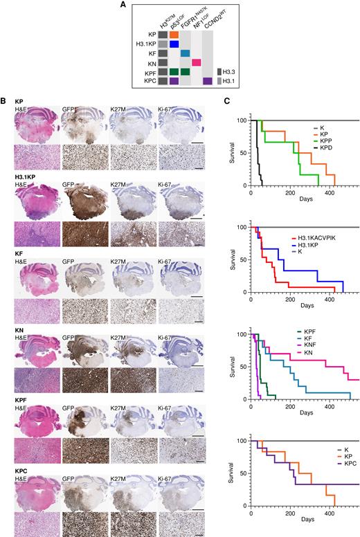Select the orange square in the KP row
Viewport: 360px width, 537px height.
(174, 33)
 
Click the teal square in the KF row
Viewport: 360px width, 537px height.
(185, 53)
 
